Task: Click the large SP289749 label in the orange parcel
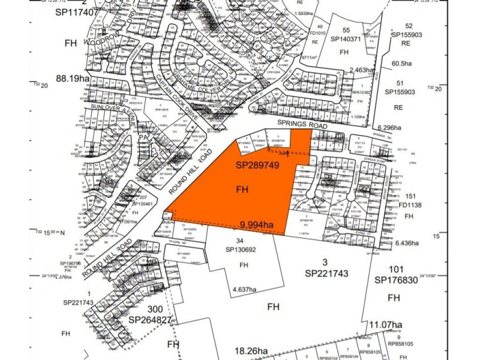click(x=258, y=165)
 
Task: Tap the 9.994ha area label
click(x=256, y=226)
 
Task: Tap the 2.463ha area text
click(x=362, y=70)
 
